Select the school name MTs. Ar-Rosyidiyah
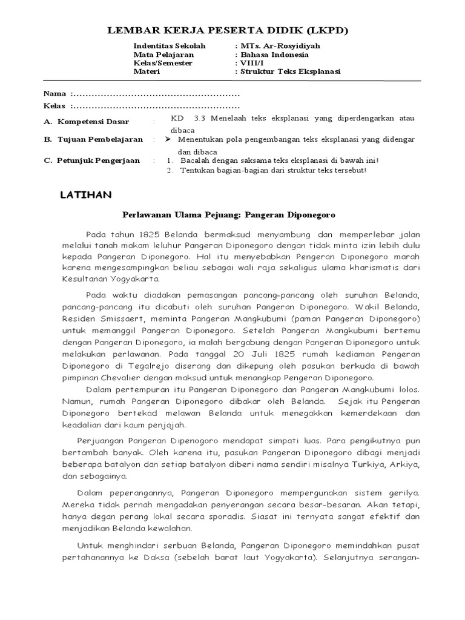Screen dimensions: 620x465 click(x=272, y=46)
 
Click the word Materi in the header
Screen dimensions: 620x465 click(x=145, y=71)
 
